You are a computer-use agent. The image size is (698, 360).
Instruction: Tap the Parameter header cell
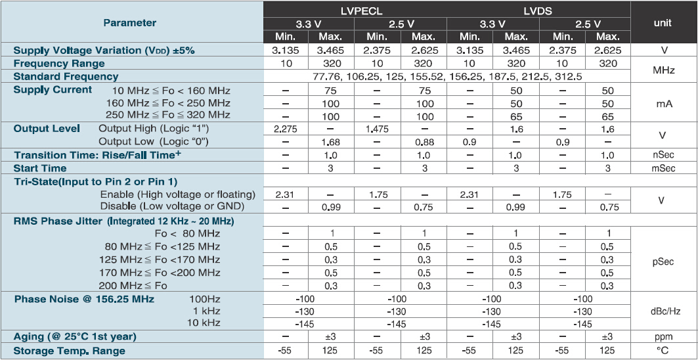(130, 22)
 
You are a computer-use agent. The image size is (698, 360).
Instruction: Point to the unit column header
(663, 22)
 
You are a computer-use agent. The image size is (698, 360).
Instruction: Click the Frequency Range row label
(59, 64)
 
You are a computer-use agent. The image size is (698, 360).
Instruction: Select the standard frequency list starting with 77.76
(447, 76)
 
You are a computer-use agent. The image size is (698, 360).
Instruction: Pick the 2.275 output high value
(285, 129)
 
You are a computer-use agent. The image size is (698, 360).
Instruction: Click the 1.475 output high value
(377, 129)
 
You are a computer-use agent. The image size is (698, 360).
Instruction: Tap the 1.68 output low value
(331, 141)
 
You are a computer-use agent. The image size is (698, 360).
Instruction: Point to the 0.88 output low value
(424, 141)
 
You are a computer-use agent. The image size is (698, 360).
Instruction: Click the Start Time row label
(40, 168)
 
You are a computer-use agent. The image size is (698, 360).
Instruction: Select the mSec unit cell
(663, 168)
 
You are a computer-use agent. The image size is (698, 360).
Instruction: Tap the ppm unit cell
(663, 337)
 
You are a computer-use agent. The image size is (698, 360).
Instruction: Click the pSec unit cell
(663, 260)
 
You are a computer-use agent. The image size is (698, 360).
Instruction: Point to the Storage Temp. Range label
(69, 351)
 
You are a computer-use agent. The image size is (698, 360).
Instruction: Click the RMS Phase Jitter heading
(123, 221)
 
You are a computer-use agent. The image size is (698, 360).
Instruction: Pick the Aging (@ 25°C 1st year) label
(75, 337)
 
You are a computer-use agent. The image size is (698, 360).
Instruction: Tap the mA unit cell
(663, 103)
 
